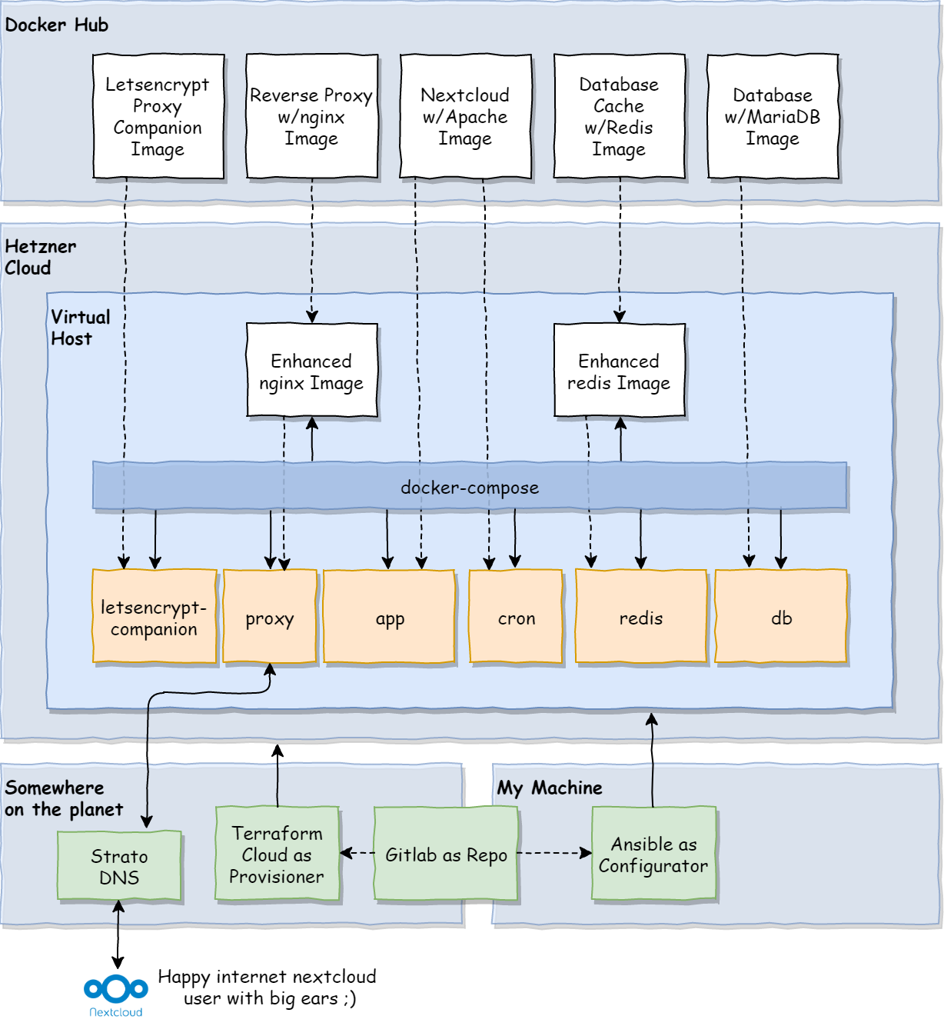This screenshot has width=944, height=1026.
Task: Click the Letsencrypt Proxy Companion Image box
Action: coord(158,116)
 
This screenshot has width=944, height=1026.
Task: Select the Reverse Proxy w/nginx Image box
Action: coord(311,116)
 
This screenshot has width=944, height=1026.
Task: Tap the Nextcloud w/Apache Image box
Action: coord(465,116)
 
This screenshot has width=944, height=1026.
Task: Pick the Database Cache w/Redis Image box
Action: coord(619,116)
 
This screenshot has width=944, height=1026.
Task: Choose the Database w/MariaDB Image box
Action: coord(773,116)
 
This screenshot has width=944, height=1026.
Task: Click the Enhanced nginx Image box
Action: coord(311,371)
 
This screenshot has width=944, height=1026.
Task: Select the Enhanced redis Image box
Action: coord(619,371)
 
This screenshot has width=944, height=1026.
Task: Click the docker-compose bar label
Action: coord(470,487)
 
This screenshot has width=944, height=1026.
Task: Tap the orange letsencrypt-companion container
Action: coord(154,617)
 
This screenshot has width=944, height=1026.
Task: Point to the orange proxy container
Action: coord(269,617)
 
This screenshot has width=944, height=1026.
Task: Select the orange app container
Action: coord(389,617)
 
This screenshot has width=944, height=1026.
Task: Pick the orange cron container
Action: coord(516,617)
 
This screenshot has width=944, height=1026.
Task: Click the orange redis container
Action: coord(640,617)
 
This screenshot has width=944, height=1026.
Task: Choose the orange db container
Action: coord(781,617)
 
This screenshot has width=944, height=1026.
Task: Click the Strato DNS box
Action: coord(119,866)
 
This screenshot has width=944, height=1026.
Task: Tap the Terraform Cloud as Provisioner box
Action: coord(277,854)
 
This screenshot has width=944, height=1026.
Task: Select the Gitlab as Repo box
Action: coord(446,854)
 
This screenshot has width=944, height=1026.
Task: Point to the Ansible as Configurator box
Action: coord(653,854)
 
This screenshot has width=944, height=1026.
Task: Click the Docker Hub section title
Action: coord(56,25)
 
